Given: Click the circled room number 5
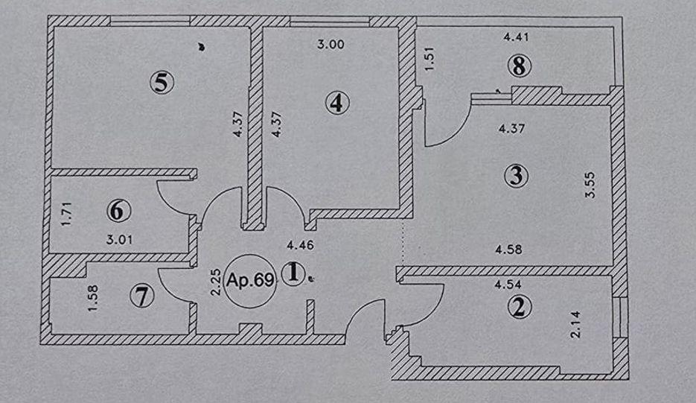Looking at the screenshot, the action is pyautogui.click(x=162, y=82).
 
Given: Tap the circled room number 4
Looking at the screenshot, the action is pyautogui.click(x=337, y=103).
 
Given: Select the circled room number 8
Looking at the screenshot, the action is pyautogui.click(x=519, y=66).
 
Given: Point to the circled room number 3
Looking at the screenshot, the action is pyautogui.click(x=516, y=176).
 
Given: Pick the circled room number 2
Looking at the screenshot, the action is pyautogui.click(x=520, y=307).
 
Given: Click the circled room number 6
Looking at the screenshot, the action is pyautogui.click(x=118, y=211).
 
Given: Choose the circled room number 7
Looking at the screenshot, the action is pyautogui.click(x=142, y=296).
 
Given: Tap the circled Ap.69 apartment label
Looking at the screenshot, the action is pyautogui.click(x=250, y=281).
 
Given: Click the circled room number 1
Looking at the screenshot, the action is pyautogui.click(x=293, y=273).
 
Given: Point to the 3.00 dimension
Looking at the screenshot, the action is pyautogui.click(x=331, y=45).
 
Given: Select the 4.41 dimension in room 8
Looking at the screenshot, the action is pyautogui.click(x=516, y=37).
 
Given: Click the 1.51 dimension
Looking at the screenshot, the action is pyautogui.click(x=430, y=59).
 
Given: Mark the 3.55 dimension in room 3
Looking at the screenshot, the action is pyautogui.click(x=590, y=185).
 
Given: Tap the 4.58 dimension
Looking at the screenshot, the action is pyautogui.click(x=508, y=250).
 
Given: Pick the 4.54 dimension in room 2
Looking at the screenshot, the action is pyautogui.click(x=508, y=285).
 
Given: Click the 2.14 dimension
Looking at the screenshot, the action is pyautogui.click(x=575, y=324).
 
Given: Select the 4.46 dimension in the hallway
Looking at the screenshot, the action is pyautogui.click(x=301, y=245).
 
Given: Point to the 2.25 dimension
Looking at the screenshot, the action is pyautogui.click(x=215, y=282).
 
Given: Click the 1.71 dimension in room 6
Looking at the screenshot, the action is pyautogui.click(x=66, y=214).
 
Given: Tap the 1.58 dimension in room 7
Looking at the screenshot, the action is pyautogui.click(x=92, y=298).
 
